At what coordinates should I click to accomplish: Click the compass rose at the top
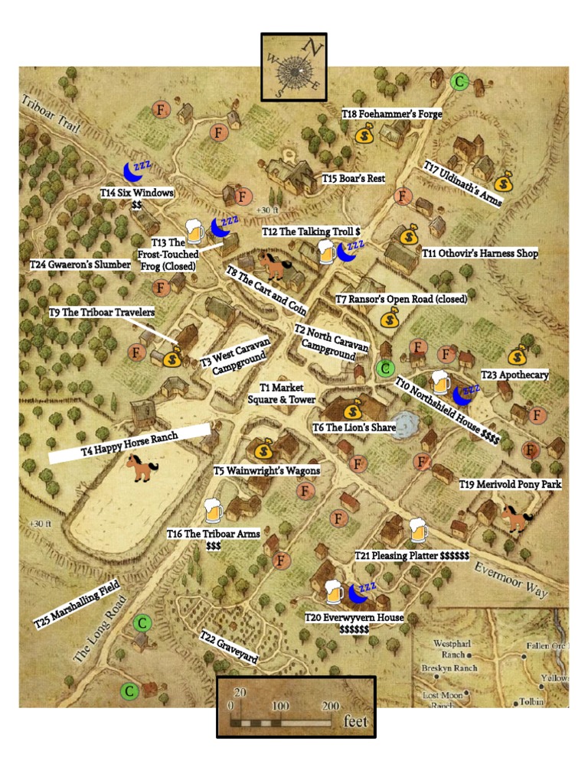[294, 67]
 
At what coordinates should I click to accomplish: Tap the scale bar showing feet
[296, 707]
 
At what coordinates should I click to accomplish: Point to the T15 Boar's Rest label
[353, 178]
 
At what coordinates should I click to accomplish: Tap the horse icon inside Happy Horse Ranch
[142, 467]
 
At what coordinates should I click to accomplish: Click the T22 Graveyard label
[228, 647]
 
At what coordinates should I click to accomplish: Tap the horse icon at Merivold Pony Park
[516, 518]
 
